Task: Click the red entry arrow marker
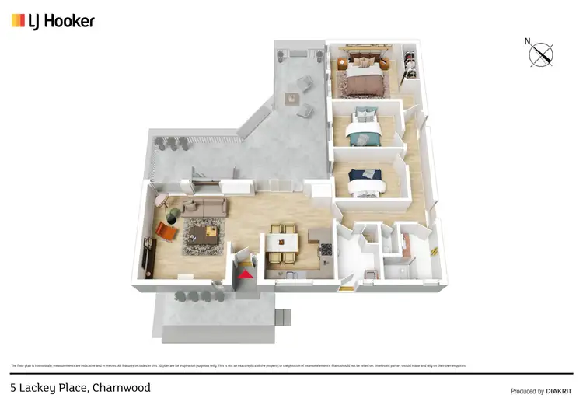point(246,273)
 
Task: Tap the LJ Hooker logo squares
point(18,21)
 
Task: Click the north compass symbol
point(541,54)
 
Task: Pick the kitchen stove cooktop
point(326,250)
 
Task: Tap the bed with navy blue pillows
point(365,180)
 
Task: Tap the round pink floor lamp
point(162,200)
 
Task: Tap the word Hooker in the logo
point(72,21)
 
